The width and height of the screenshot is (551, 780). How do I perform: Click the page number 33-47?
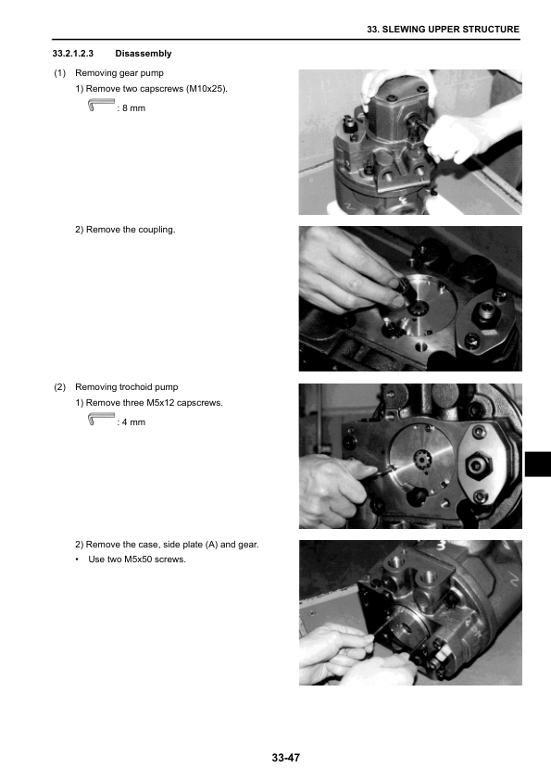[x=286, y=758]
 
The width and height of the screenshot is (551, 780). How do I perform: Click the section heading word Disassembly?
[x=144, y=54]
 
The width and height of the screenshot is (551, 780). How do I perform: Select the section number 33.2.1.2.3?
[x=72, y=54]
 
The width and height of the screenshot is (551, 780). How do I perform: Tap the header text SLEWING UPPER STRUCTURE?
[x=451, y=30]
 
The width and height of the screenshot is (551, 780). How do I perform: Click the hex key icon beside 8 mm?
[x=101, y=105]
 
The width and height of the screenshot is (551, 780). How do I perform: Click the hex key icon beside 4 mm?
[x=101, y=419]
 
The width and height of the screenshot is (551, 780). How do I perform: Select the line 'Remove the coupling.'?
[x=131, y=230]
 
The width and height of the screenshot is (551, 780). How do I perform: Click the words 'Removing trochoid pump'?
[x=126, y=387]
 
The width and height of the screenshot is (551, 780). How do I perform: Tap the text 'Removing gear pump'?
[x=119, y=73]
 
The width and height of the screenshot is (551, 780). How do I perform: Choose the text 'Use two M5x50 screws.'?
[x=137, y=560]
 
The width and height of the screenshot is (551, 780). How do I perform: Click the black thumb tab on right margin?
[x=538, y=464]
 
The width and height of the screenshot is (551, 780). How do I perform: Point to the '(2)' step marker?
[x=59, y=387]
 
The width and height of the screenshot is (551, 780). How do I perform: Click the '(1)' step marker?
[x=59, y=73]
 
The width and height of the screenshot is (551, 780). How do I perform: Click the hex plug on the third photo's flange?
[x=479, y=466]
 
